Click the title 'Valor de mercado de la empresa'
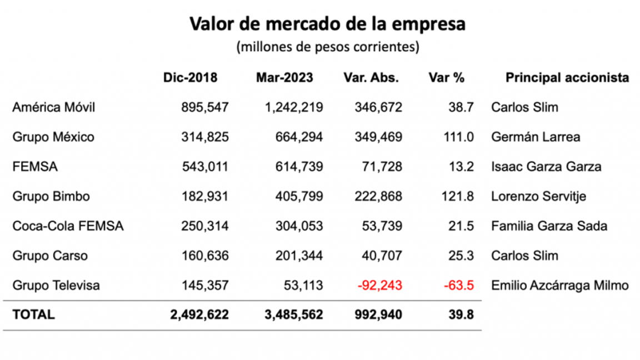point(327,24)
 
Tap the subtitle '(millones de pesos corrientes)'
point(327,47)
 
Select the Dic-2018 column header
point(190,78)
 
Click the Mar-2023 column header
point(284,78)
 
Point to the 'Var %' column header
point(446,78)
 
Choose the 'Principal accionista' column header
point(567,78)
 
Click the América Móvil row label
point(53,107)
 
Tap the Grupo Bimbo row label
point(51,196)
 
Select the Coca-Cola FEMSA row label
point(68,226)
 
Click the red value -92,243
point(379,286)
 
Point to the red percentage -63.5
point(458,286)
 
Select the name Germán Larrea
point(535,137)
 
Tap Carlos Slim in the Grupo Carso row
point(524,256)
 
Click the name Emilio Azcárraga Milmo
point(560,286)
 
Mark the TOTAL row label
point(33,314)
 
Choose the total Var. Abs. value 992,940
point(378,314)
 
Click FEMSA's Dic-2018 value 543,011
point(204,167)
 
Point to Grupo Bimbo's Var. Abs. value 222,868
point(378,196)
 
